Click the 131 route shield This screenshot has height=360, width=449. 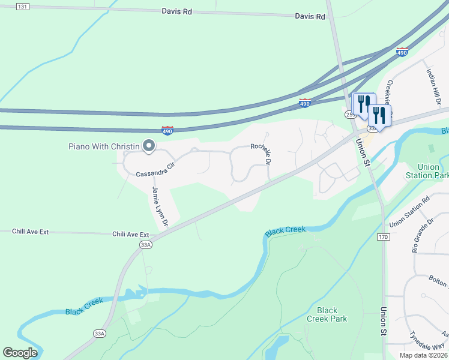22,6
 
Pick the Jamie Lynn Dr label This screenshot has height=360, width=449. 160,206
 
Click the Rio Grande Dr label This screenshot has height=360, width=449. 423,235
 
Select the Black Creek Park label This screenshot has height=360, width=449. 332,314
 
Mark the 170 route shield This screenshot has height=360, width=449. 384,238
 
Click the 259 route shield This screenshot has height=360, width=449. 350,114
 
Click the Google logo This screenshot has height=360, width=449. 20,353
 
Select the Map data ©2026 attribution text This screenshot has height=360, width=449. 423,355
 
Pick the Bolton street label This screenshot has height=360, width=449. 439,281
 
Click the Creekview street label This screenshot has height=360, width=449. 390,93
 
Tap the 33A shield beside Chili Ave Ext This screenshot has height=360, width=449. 146,244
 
